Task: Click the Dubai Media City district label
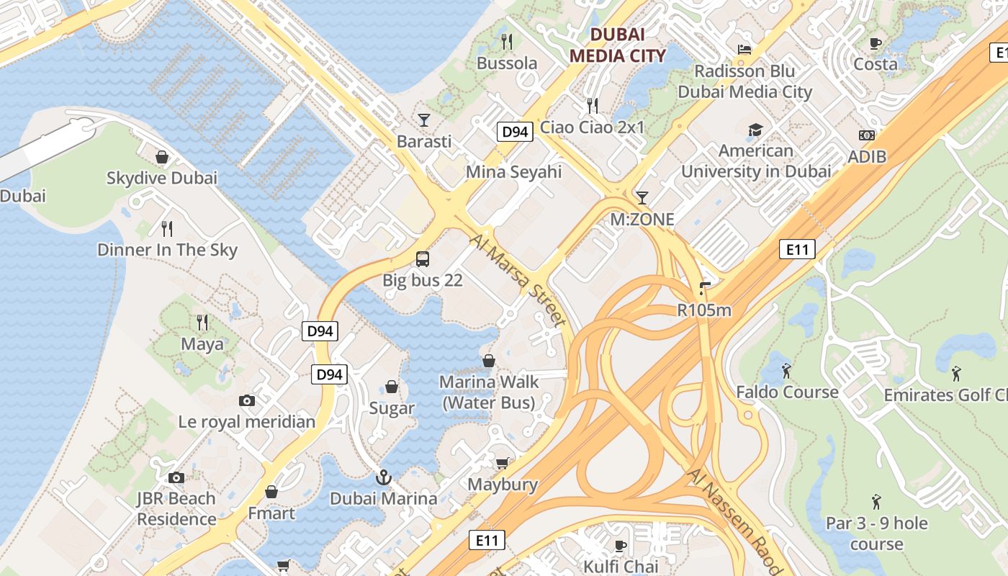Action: point(617,45)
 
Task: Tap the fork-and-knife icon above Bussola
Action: point(507,41)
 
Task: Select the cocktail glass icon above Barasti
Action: point(423,120)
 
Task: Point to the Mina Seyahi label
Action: point(513,172)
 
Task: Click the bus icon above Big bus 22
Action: point(423,259)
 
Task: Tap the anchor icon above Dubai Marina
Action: point(383,477)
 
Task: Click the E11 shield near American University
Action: point(797,250)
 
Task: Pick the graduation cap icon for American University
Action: point(755,130)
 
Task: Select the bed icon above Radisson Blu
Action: point(744,49)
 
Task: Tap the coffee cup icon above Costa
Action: point(876,43)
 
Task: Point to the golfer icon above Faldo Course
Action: point(786,371)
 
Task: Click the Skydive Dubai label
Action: point(161,178)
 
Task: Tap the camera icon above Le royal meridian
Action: point(246,400)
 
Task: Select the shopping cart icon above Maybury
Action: point(502,463)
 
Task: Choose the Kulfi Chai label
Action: point(621,566)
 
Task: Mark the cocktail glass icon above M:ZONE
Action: point(642,197)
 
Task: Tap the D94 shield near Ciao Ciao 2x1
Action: point(515,132)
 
